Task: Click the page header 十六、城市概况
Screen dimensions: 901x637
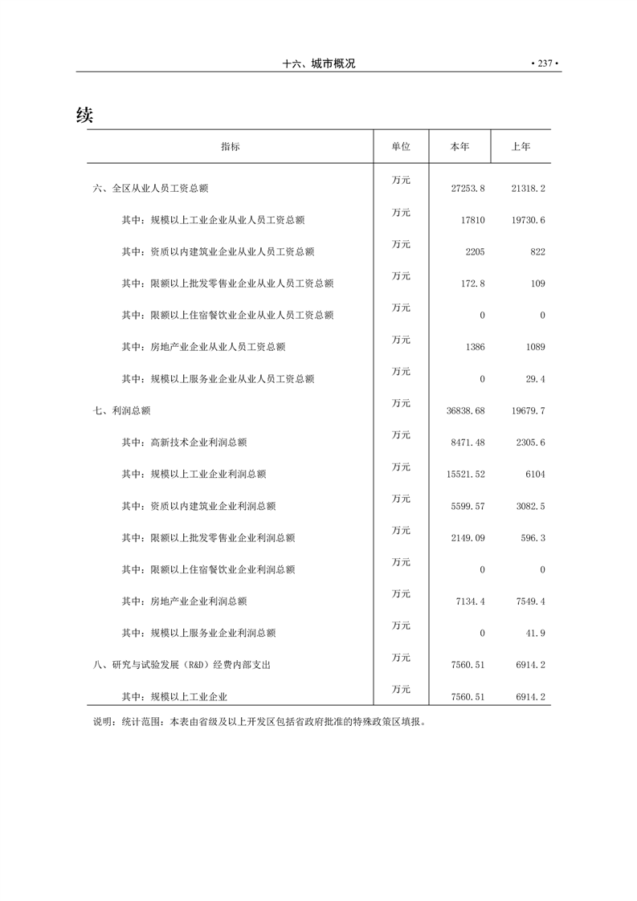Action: pos(319,64)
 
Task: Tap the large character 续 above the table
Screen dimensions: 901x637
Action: pos(85,115)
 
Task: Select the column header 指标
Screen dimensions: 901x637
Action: pos(230,147)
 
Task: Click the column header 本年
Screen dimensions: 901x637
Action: pos(459,147)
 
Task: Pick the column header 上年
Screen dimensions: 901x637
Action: pos(521,147)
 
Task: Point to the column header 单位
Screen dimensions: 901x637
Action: pos(401,147)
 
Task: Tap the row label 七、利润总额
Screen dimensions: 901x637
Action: pos(121,410)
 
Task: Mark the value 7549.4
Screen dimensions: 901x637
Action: pos(529,601)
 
